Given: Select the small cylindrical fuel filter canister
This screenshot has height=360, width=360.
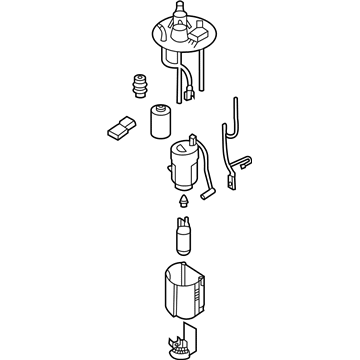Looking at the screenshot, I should click(158, 122).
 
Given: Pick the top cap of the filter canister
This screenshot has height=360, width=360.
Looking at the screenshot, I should click(158, 107).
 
